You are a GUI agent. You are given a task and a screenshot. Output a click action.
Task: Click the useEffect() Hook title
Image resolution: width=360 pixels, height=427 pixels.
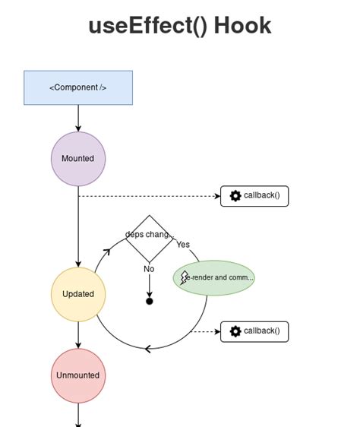[179, 25]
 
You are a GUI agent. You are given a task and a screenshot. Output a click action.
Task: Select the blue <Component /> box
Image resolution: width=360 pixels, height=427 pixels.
[78, 87]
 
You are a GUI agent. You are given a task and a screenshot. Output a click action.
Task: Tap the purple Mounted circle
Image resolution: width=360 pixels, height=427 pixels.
[78, 159]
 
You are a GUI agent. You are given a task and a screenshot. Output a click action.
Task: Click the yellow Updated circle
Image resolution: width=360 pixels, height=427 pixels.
[78, 294]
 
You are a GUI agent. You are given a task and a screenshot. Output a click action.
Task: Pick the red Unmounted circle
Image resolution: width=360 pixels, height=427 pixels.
[78, 375]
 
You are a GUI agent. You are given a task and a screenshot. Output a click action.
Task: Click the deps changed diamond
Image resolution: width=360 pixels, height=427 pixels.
[149, 238]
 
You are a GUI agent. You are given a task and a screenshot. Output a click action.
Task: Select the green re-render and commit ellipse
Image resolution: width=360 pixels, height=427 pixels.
[214, 277]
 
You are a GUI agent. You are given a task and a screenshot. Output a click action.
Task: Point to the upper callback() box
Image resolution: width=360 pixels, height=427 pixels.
[254, 196]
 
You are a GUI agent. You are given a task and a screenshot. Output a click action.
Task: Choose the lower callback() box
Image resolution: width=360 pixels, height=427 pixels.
[254, 331]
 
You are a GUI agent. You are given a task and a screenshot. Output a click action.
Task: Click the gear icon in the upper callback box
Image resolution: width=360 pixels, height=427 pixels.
[235, 196]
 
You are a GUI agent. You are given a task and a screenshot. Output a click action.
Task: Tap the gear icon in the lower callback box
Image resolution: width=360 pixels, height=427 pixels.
[235, 331]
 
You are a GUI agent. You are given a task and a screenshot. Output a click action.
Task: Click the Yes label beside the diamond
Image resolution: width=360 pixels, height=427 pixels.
[183, 245]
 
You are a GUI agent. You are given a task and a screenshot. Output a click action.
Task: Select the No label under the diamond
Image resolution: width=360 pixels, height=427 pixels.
[149, 269]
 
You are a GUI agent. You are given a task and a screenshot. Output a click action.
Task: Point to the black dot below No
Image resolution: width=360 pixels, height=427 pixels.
[150, 302]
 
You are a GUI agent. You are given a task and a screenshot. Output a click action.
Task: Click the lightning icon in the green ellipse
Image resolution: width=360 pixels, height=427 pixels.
[185, 277]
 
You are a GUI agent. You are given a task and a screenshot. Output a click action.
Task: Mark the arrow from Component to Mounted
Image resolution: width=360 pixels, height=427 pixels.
[78, 118]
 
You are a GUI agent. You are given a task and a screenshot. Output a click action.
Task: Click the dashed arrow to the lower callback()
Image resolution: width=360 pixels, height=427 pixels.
[205, 331]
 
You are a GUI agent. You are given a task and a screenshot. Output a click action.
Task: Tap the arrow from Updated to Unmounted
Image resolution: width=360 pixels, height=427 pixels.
[78, 335]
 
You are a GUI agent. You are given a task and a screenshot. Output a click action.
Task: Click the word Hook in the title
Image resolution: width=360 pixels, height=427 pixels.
[242, 25]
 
